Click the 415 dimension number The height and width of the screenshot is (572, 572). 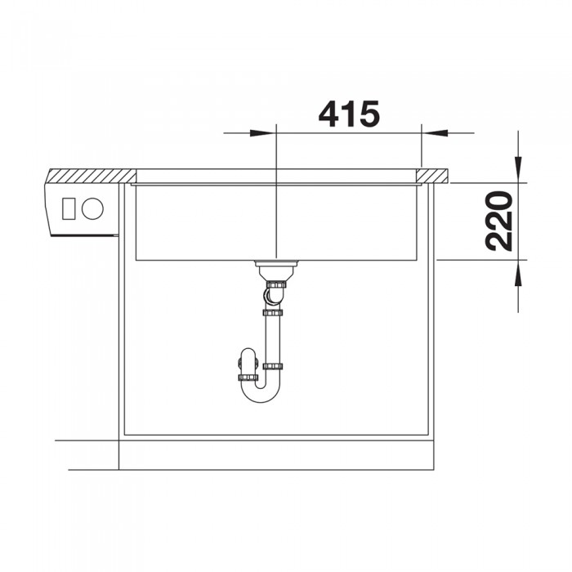point(349,114)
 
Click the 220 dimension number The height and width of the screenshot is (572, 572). point(498,220)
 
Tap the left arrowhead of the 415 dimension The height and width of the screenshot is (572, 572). point(263,132)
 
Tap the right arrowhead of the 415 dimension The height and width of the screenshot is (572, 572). point(435,132)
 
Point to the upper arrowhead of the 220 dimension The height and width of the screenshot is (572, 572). point(518,167)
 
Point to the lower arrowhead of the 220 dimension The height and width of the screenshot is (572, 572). point(518,273)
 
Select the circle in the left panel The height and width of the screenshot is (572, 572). point(93,208)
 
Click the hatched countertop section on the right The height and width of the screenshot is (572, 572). point(433,175)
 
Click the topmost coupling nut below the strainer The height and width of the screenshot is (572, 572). point(277,283)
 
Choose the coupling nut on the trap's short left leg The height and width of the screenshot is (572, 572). point(248,377)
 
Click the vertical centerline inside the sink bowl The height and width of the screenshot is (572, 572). point(277,221)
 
